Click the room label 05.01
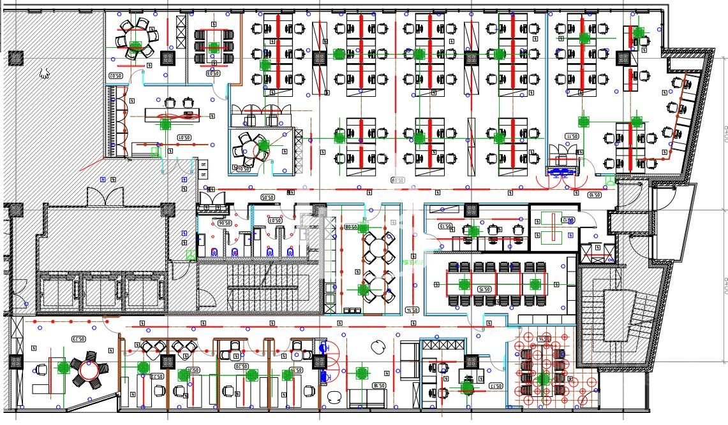184,137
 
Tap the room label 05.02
115,76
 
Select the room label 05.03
213,73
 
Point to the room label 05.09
397,181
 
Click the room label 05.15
485,289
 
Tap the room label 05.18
379,385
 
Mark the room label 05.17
496,385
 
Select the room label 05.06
224,223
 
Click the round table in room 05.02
135,40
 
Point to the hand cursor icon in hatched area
44,73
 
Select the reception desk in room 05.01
172,115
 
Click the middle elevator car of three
103,291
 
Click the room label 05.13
445,226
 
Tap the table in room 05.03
214,46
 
